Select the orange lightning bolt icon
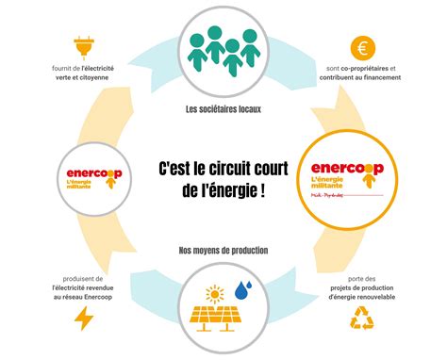click(x=84, y=319)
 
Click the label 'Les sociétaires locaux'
click(x=223, y=108)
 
